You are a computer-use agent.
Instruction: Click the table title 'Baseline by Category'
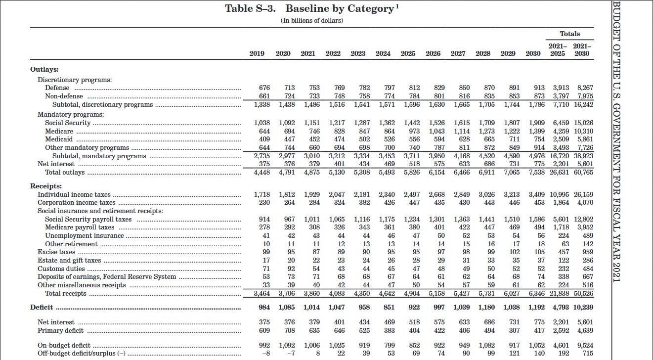coord(340,9)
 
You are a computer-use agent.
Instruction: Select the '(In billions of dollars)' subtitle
coord(312,20)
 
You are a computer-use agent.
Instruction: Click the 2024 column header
coord(383,53)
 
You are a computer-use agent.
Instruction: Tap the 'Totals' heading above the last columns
coord(569,34)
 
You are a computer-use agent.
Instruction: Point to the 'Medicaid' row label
coord(59,139)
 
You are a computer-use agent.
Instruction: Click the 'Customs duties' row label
coord(61,269)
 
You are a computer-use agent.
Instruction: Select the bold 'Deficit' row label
coord(42,307)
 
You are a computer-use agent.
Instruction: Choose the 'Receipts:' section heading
coord(46,186)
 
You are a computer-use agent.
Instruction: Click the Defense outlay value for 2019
coord(264,88)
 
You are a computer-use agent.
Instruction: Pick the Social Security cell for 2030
coord(537,123)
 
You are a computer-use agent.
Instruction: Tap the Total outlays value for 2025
coord(412,173)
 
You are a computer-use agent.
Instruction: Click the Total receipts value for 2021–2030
coord(584,293)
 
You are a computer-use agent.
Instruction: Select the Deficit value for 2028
coord(486,307)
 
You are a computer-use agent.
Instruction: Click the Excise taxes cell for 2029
coord(514,252)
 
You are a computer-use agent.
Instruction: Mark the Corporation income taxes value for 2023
coord(364,202)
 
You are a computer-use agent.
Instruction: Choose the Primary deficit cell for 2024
coord(390,330)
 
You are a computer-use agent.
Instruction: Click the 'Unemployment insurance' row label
coord(84,235)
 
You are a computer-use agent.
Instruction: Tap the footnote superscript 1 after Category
coord(397,6)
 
